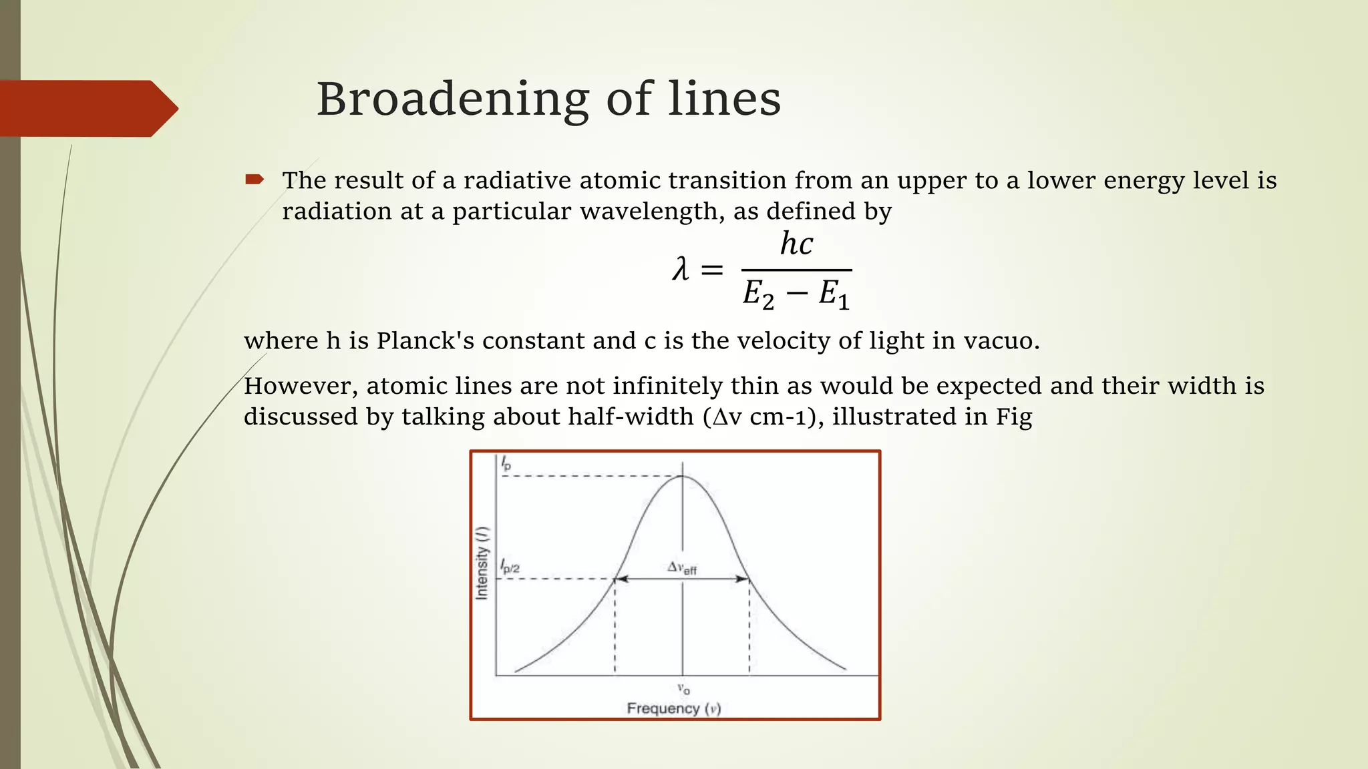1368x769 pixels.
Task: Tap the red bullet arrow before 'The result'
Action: tap(254, 179)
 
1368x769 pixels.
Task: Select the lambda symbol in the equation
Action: tap(681, 270)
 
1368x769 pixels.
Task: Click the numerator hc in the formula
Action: tap(796, 244)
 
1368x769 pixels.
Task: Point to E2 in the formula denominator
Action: tap(759, 294)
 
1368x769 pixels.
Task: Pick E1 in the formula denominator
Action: tap(834, 294)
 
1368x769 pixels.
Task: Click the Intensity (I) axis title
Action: tap(482, 563)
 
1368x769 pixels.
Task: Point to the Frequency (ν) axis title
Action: tap(673, 708)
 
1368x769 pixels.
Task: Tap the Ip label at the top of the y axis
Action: tap(506, 463)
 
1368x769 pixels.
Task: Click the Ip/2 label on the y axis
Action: tap(510, 567)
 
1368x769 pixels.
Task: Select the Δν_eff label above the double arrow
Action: tap(682, 568)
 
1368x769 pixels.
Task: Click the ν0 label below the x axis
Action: tap(683, 689)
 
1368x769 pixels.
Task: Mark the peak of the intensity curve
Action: tap(682, 476)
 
